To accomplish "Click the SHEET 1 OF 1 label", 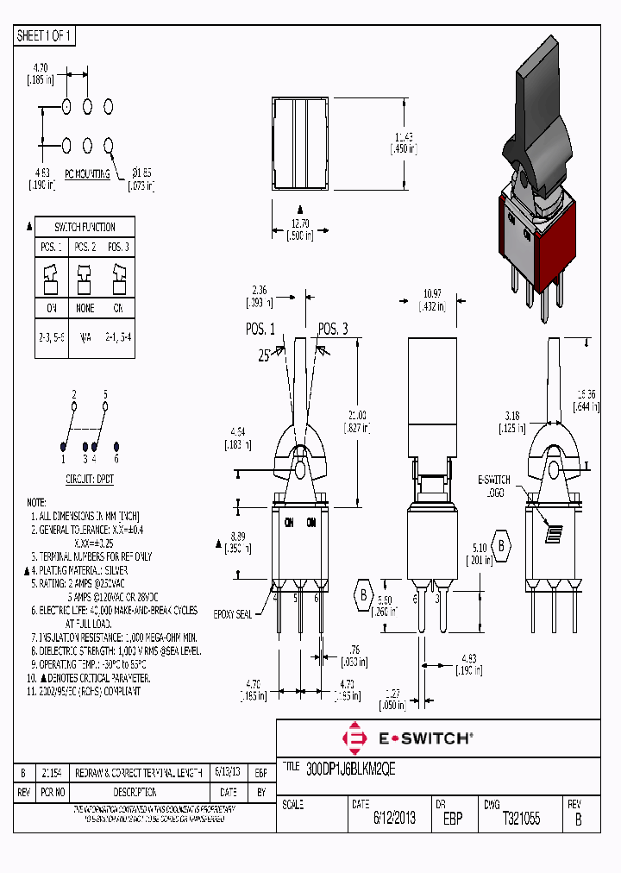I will [44, 36].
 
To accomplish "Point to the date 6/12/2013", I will [394, 819].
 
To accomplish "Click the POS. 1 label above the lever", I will [260, 329].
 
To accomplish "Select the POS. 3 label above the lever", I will [333, 329].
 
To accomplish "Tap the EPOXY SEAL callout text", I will [233, 613].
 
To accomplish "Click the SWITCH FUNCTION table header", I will [85, 227].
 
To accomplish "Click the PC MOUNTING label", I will [85, 173].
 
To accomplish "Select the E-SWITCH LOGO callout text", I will [494, 486].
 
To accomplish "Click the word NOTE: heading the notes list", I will [36, 502].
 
